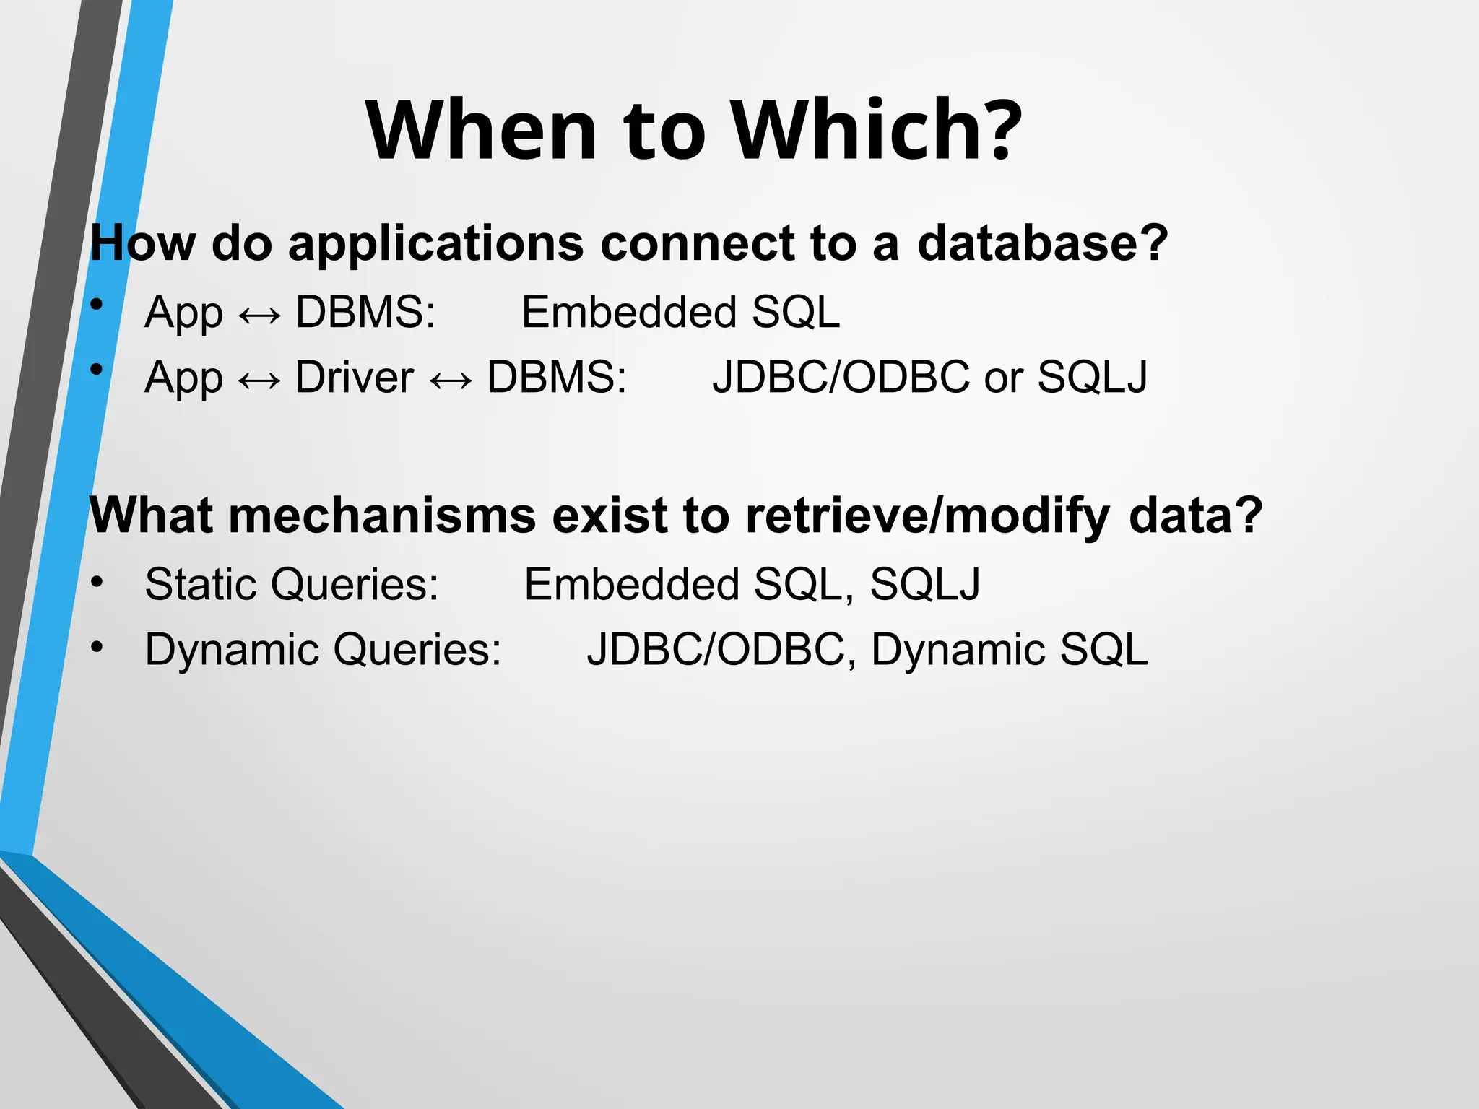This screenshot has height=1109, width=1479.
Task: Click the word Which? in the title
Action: pyautogui.click(x=877, y=130)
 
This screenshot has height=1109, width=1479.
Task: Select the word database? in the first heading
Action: pyautogui.click(x=1042, y=243)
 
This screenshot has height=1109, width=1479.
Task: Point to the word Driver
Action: pyautogui.click(x=354, y=377)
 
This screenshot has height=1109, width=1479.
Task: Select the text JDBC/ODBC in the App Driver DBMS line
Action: pyautogui.click(x=841, y=377)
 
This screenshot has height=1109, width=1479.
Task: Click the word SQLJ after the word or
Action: pyautogui.click(x=1092, y=377)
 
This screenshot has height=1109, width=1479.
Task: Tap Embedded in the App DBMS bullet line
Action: pyautogui.click(x=628, y=312)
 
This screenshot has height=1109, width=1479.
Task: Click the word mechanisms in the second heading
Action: pyautogui.click(x=383, y=516)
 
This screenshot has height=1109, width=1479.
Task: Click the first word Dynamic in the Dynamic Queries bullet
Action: pyautogui.click(x=231, y=649)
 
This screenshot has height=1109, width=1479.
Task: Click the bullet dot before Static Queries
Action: pyautogui.click(x=97, y=581)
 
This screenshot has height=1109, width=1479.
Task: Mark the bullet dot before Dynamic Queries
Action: pyautogui.click(x=97, y=647)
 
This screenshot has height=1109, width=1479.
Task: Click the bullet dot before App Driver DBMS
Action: pyautogui.click(x=97, y=370)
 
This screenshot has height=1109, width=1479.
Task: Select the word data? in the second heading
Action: pyautogui.click(x=1195, y=516)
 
